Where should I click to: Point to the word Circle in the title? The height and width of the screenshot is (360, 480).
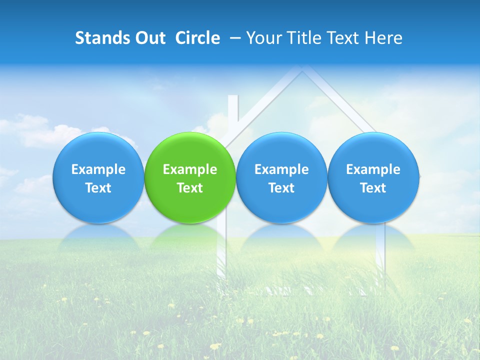click(197, 38)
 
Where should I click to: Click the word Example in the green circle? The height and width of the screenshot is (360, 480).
click(190, 169)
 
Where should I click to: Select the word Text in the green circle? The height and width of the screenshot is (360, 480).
click(190, 188)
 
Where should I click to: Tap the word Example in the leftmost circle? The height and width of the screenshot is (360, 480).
click(98, 169)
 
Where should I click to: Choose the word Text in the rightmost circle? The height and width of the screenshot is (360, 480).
click(373, 188)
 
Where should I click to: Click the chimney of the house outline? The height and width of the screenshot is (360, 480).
click(233, 112)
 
